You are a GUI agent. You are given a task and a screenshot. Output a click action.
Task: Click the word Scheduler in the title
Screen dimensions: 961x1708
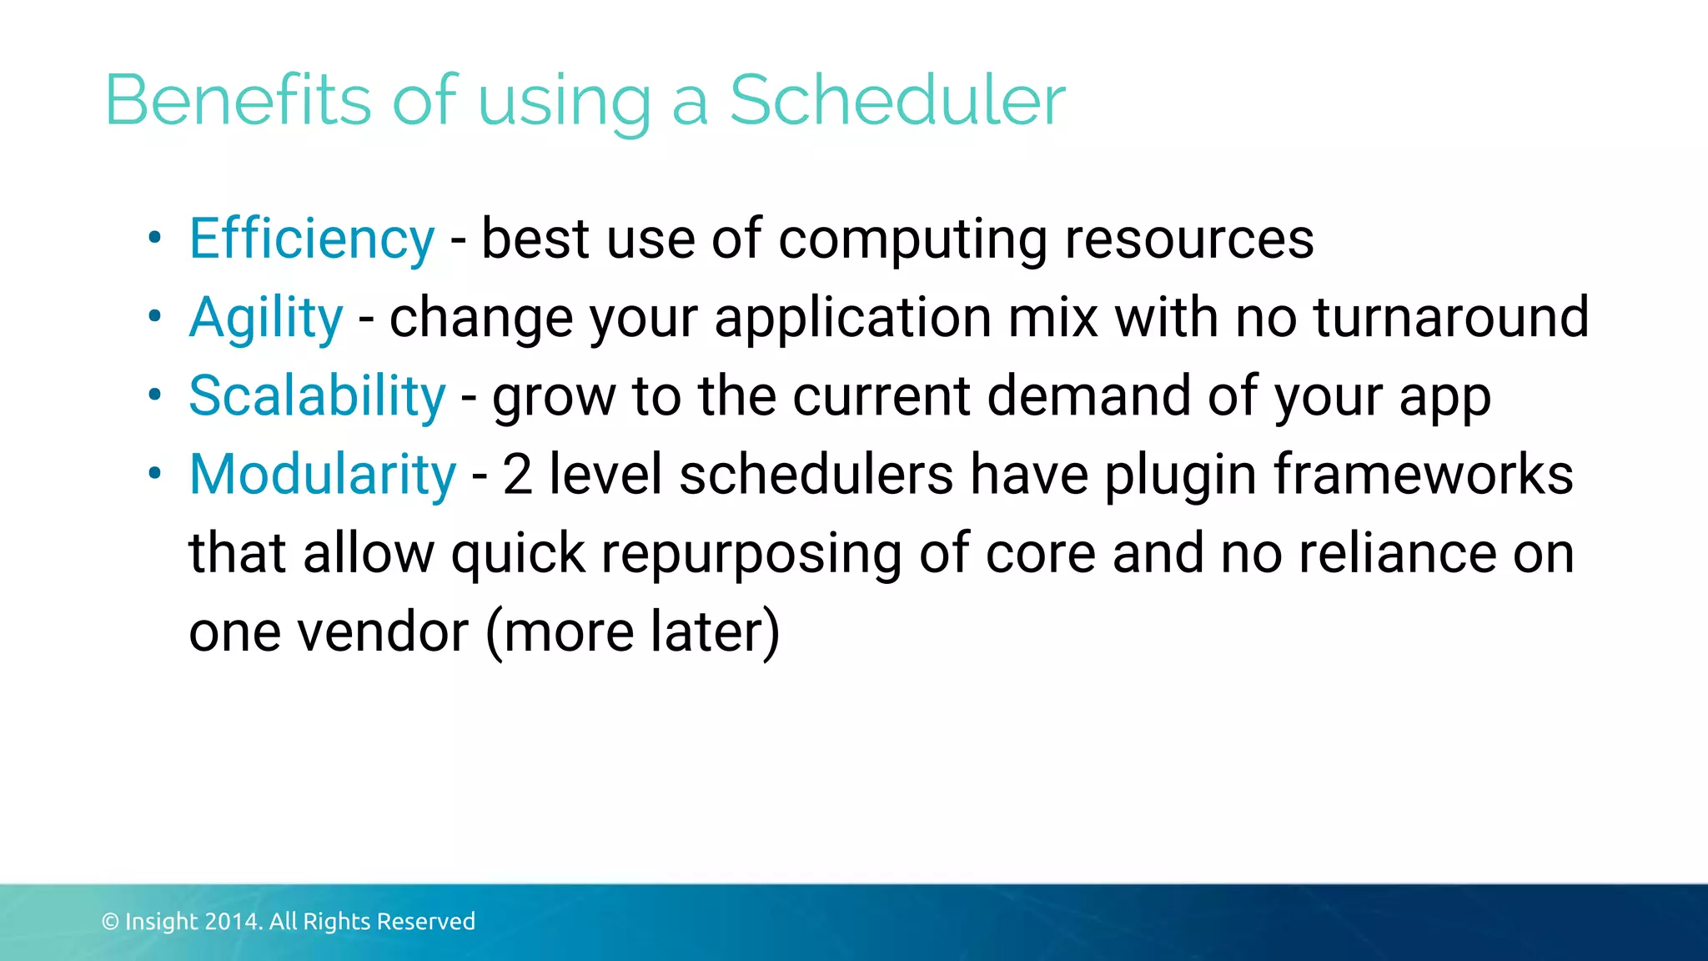pos(897,100)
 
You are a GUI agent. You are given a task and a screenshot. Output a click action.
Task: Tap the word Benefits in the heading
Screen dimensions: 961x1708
pos(238,100)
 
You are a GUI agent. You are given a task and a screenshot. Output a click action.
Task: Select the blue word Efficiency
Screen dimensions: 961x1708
pos(312,239)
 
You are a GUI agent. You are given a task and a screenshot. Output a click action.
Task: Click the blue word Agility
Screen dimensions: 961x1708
pos(266,319)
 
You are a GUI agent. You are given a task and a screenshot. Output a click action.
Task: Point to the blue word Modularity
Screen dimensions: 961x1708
pos(323,475)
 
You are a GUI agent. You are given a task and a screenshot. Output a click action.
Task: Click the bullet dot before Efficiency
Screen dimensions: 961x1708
pos(154,239)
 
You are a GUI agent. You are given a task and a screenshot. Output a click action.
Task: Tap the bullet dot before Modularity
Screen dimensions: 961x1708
pos(154,474)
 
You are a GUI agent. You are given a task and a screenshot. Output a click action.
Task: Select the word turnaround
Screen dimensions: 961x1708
pos(1451,317)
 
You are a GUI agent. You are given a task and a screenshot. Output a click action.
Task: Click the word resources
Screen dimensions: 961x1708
pos(1189,239)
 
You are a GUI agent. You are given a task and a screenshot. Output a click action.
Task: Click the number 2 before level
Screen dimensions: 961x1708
pos(517,475)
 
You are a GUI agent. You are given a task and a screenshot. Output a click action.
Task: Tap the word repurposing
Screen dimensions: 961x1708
pos(751,555)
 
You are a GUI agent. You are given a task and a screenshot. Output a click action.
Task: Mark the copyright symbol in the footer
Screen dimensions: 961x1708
pos(110,922)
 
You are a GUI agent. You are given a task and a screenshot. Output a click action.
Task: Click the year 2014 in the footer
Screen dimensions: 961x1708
pos(234,922)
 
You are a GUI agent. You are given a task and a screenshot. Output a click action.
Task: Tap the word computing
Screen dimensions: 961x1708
pos(912,239)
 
